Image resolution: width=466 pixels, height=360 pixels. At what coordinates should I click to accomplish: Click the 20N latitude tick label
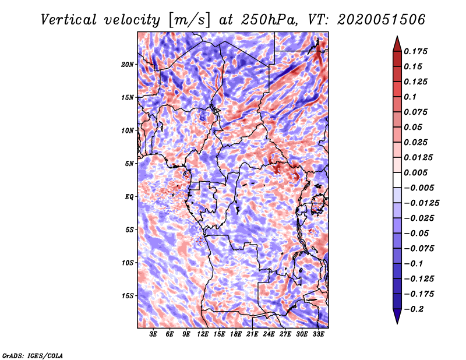[128, 65]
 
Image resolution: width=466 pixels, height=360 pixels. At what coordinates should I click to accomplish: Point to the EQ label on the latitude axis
[129, 197]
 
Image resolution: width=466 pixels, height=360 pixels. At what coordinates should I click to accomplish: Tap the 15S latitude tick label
[128, 296]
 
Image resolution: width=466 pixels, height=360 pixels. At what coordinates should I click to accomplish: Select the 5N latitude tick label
[129, 164]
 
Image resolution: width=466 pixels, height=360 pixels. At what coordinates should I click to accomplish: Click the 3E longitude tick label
[153, 334]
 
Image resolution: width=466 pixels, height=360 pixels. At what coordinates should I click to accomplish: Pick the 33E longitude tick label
[318, 334]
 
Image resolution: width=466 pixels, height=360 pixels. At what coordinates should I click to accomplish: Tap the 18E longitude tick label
[236, 334]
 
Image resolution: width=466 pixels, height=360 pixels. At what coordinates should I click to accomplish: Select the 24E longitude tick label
[269, 334]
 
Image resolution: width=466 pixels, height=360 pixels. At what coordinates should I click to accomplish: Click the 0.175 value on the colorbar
[416, 51]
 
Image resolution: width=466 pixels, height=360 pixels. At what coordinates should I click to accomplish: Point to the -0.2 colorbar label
[414, 309]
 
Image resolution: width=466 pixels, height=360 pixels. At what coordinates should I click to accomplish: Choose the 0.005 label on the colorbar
[416, 172]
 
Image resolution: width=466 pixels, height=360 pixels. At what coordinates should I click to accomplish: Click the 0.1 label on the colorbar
[411, 97]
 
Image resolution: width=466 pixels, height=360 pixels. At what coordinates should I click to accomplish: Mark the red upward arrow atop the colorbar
[397, 44]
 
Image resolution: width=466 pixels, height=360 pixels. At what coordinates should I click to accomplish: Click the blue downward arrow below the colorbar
[397, 316]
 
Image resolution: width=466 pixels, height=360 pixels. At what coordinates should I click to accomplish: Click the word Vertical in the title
[68, 20]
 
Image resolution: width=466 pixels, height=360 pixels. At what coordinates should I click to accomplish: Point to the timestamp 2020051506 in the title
[382, 20]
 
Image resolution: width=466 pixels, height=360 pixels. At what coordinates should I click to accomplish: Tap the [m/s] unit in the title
[189, 20]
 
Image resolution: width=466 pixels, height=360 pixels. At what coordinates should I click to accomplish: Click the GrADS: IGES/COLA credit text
[33, 355]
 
